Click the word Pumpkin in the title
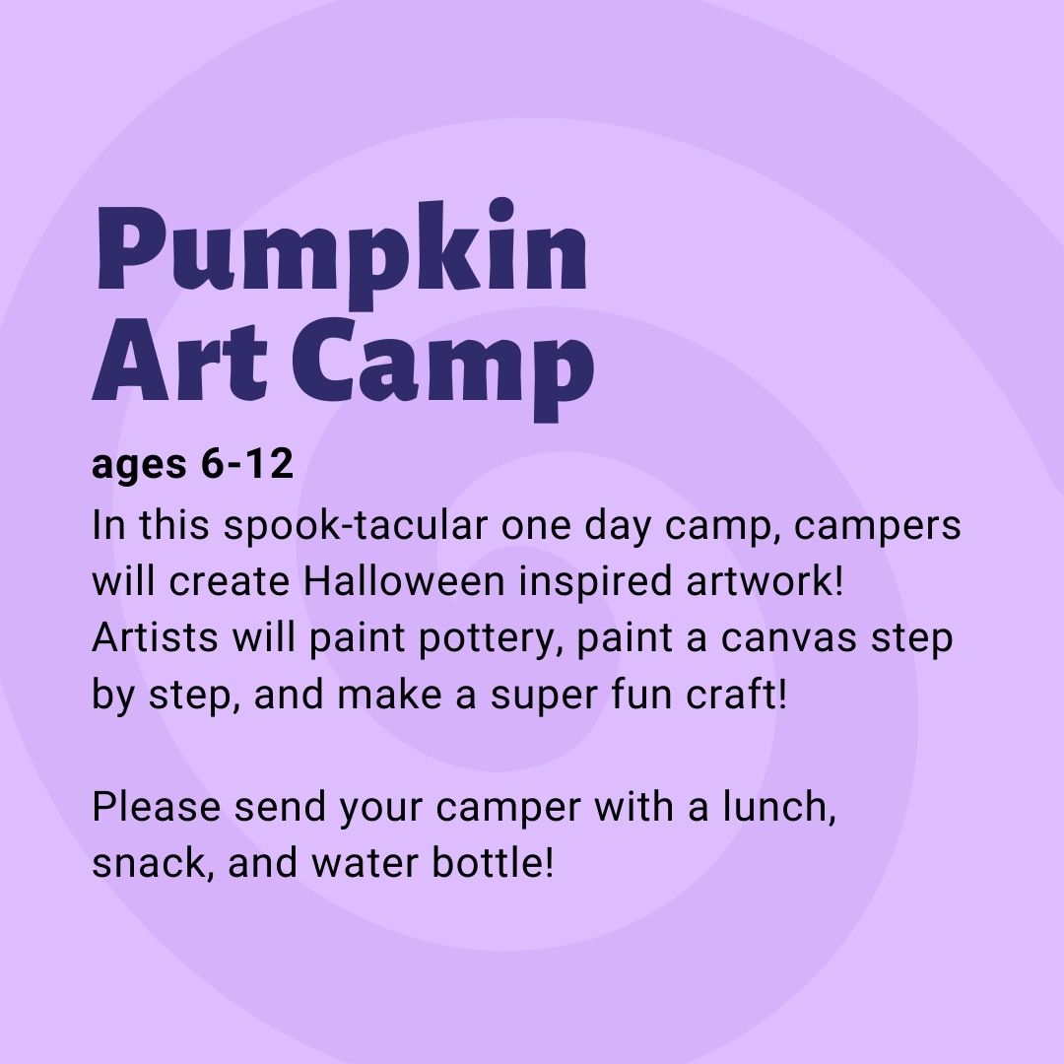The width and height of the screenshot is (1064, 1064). pyautogui.click(x=341, y=254)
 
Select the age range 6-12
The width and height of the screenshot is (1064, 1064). pyautogui.click(x=247, y=465)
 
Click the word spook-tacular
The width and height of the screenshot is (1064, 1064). pyautogui.click(x=356, y=526)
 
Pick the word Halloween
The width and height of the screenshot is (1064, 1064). pyautogui.click(x=404, y=581)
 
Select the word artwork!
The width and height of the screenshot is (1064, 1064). pyautogui.click(x=765, y=581)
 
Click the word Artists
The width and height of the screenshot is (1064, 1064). pyautogui.click(x=156, y=637)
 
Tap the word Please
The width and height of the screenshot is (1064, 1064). pyautogui.click(x=156, y=807)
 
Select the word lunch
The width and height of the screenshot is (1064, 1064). pyautogui.click(x=778, y=807)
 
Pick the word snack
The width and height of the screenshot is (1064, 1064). pyautogui.click(x=148, y=864)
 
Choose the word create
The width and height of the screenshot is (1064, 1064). pyautogui.click(x=230, y=583)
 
